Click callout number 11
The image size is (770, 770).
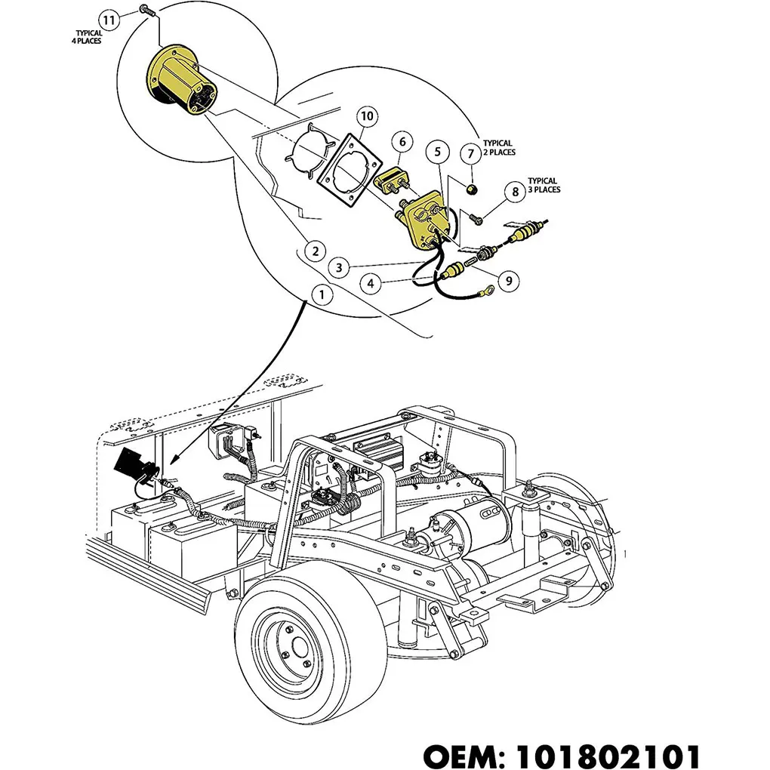click(x=109, y=20)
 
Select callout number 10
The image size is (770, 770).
click(x=366, y=116)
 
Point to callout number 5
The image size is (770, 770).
click(x=438, y=152)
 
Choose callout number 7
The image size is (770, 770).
click(x=470, y=154)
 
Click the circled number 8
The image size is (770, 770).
click(x=515, y=192)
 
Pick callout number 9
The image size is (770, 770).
click(x=509, y=281)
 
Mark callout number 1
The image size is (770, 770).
click(x=322, y=294)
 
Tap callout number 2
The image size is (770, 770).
click(x=315, y=251)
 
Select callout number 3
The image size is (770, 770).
click(x=340, y=267)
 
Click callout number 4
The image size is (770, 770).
click(x=371, y=284)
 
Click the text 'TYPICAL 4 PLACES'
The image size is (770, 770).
click(x=88, y=37)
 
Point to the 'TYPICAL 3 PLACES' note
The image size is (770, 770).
click(x=544, y=186)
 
